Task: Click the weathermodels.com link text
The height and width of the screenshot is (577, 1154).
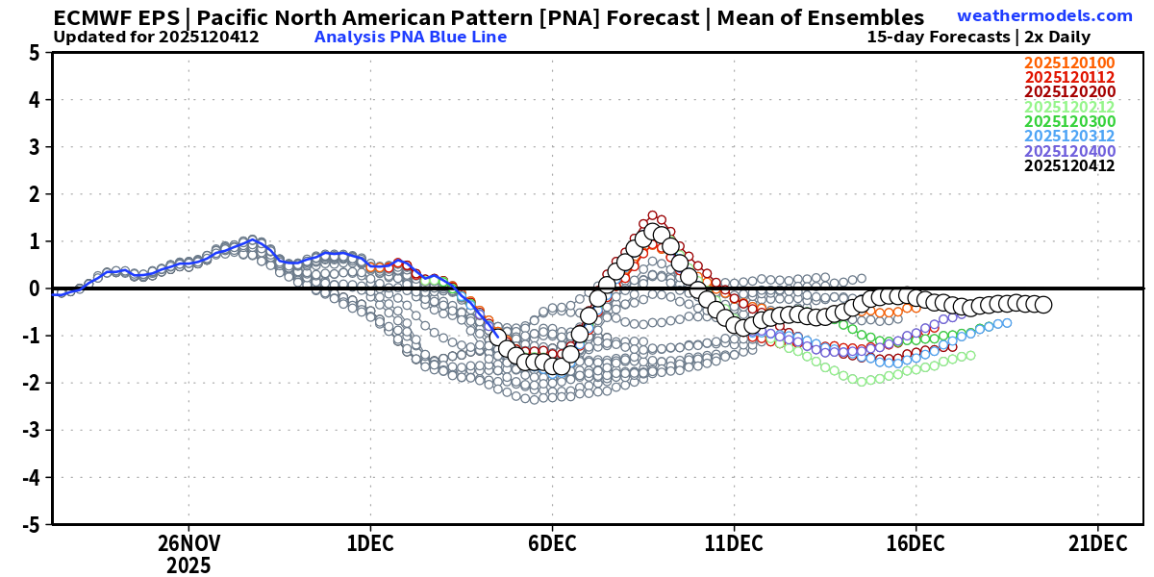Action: (x=1044, y=16)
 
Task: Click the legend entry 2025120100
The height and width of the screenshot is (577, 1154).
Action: (x=1069, y=64)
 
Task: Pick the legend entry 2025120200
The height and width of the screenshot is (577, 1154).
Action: (x=1069, y=93)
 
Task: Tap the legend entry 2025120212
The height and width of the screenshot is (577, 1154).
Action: (x=1069, y=108)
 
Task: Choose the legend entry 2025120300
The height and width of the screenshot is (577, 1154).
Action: (x=1069, y=122)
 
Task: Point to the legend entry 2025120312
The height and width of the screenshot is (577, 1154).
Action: (x=1069, y=137)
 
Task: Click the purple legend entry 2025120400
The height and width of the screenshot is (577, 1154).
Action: (x=1069, y=151)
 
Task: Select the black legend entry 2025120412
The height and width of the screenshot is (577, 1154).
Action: (x=1069, y=165)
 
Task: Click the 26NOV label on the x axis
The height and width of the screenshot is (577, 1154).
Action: (x=188, y=543)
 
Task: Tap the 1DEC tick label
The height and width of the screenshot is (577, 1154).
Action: (x=370, y=543)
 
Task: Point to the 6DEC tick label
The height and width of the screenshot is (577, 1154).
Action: (x=552, y=543)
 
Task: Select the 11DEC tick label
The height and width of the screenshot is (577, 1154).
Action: (x=734, y=543)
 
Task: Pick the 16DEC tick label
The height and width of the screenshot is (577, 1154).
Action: (x=916, y=543)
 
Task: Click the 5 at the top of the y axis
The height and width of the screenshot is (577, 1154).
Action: (x=34, y=54)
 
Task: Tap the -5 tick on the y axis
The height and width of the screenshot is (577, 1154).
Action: (x=30, y=525)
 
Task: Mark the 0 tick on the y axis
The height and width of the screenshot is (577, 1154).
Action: (x=34, y=288)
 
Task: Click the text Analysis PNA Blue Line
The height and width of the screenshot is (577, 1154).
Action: (x=410, y=38)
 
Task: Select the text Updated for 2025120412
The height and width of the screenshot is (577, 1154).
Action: (x=156, y=38)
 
